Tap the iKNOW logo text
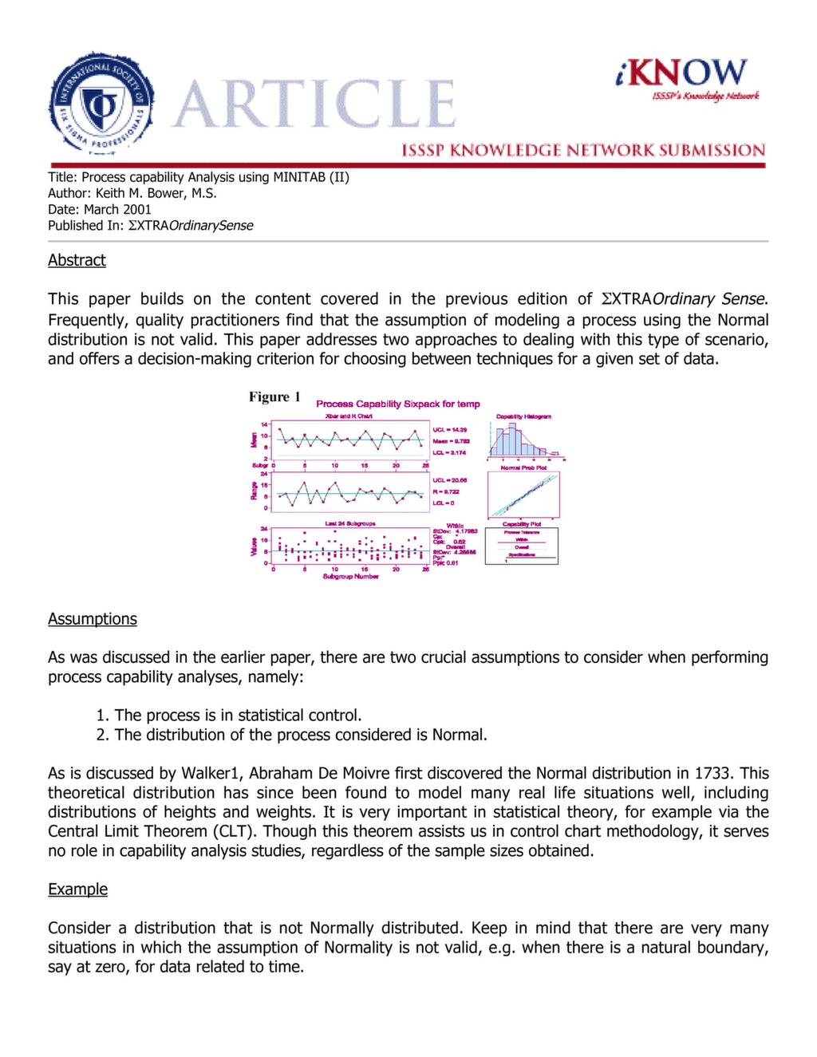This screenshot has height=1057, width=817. click(682, 73)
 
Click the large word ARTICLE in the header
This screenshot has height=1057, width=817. click(314, 105)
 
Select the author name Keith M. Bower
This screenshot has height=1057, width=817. click(156, 193)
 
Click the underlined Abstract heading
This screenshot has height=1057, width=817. click(77, 260)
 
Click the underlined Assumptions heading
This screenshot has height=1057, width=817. click(93, 619)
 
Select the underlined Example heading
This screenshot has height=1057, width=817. click(77, 889)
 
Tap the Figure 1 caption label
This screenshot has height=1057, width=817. click(274, 397)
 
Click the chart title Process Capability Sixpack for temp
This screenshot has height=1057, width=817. click(398, 404)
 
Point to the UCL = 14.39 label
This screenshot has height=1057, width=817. click(450, 429)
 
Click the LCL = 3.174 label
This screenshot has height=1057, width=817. click(450, 452)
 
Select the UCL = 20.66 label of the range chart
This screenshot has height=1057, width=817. click(450, 480)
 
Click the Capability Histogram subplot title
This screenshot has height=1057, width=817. click(523, 416)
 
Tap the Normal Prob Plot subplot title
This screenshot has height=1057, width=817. click(523, 467)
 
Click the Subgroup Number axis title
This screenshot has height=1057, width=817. click(350, 576)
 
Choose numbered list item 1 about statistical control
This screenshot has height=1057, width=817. click(229, 716)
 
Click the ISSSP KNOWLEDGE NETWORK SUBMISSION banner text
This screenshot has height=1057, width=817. click(582, 150)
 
